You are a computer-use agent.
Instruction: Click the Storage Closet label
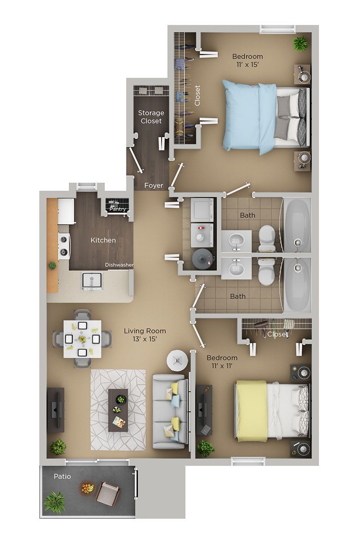click(x=151, y=117)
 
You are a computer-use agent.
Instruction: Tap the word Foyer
click(x=153, y=185)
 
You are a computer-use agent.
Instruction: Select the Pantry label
click(x=117, y=209)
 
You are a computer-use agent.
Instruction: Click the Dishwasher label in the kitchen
click(x=119, y=265)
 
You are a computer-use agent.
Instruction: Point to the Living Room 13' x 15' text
click(x=142, y=335)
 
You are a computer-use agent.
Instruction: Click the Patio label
click(x=62, y=476)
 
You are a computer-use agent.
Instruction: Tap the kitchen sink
click(x=92, y=281)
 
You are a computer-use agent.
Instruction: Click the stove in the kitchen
click(x=63, y=246)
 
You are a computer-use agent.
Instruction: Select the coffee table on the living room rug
click(x=118, y=410)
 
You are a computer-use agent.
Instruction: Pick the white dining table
click(x=81, y=338)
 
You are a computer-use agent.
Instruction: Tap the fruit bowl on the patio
click(x=87, y=488)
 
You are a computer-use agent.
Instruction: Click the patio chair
click(x=107, y=494)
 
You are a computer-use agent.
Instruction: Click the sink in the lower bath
click(x=235, y=270)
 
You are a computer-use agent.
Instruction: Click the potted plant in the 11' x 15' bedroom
click(x=299, y=43)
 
